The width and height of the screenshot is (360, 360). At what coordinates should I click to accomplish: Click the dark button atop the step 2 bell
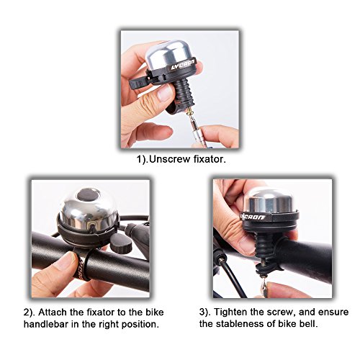88,197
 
